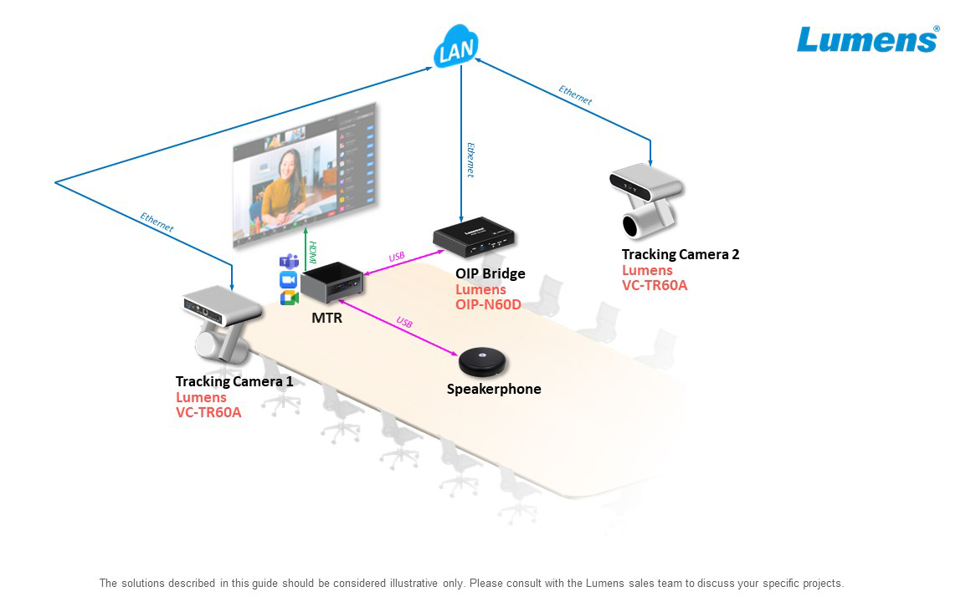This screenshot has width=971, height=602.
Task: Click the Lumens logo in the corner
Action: pyautogui.click(x=867, y=39)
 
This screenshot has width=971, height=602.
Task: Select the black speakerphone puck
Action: pyautogui.click(x=485, y=361)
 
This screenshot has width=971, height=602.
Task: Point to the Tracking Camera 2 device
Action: pyautogui.click(x=649, y=198)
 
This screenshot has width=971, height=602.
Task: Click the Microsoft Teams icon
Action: pyautogui.click(x=289, y=261)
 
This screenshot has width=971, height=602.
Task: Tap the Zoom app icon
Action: pyautogui.click(x=289, y=279)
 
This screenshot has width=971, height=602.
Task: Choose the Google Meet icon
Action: pyautogui.click(x=289, y=298)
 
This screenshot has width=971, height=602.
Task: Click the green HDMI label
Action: pyautogui.click(x=312, y=253)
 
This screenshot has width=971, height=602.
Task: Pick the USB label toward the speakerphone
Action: pyautogui.click(x=404, y=323)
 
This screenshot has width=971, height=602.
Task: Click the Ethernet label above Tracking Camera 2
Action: pyautogui.click(x=575, y=95)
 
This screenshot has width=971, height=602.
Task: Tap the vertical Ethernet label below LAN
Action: pyautogui.click(x=470, y=160)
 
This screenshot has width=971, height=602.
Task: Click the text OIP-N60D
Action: pyautogui.click(x=488, y=304)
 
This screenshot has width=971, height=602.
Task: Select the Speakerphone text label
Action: pyautogui.click(x=494, y=389)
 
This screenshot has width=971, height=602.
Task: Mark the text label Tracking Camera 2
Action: pyautogui.click(x=680, y=254)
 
